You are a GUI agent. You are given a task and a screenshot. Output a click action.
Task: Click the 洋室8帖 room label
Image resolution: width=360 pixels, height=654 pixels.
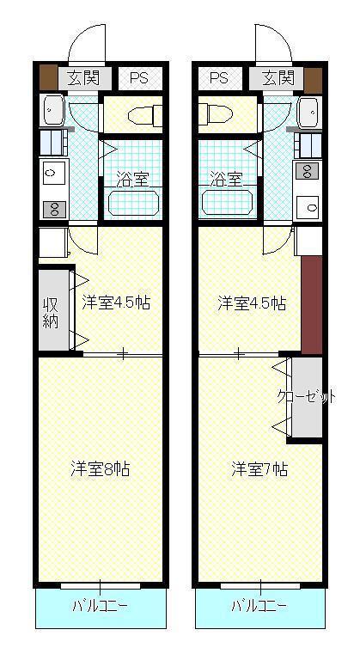[100, 469]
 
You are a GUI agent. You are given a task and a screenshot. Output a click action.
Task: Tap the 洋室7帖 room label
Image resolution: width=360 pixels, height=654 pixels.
[259, 469]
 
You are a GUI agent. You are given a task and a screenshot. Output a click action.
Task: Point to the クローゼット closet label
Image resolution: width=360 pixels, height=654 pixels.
[307, 397]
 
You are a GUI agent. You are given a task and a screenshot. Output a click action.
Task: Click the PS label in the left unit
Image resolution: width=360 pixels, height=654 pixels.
[139, 78]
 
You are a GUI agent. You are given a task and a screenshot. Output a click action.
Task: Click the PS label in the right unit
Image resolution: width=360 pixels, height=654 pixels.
[219, 77]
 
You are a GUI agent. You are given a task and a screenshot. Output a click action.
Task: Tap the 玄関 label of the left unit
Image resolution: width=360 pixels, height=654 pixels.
[84, 77]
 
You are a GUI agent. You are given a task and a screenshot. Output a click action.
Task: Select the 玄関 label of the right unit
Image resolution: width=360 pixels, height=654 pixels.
[278, 77]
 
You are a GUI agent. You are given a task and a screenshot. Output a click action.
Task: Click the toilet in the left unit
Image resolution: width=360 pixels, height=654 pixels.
[145, 115]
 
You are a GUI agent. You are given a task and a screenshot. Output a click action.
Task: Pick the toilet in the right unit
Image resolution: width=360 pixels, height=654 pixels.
[216, 113]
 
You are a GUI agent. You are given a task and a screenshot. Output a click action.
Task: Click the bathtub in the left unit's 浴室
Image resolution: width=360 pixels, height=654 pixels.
[133, 203]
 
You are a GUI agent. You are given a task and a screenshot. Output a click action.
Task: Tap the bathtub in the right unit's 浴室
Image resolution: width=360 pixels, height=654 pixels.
[228, 203]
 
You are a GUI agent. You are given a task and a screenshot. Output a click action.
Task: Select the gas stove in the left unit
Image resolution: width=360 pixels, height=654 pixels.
[54, 209]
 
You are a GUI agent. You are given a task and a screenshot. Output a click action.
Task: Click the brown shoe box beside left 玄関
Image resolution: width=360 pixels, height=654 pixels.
[49, 77]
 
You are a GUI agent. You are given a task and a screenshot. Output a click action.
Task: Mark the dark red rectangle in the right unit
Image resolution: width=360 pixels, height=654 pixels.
[312, 305]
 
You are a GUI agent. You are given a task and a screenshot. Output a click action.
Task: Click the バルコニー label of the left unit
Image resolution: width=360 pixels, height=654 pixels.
[100, 605]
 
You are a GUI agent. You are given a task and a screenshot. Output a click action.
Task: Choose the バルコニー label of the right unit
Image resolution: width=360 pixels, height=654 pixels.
[259, 605]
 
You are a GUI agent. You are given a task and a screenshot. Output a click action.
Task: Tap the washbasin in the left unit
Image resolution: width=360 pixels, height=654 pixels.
[52, 110]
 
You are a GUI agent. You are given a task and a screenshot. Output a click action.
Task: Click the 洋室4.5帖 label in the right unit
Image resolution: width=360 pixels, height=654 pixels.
[252, 303]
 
